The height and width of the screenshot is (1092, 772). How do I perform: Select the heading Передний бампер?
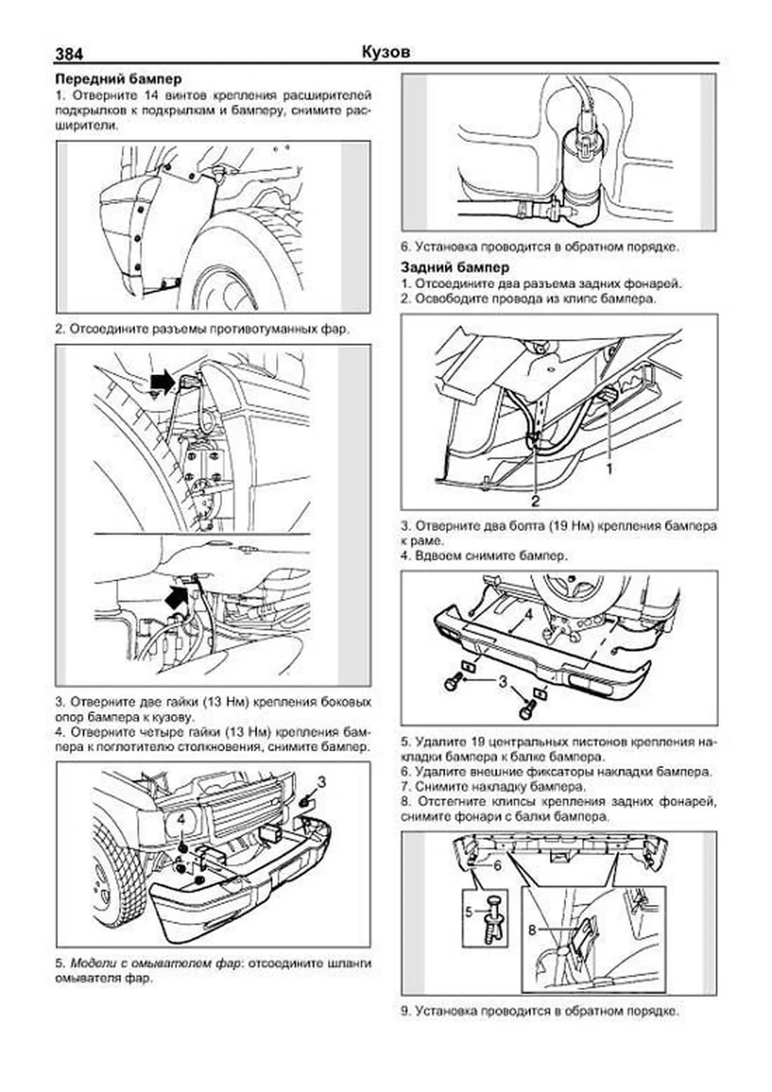tap(118, 79)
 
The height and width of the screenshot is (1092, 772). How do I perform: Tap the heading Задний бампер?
tap(454, 267)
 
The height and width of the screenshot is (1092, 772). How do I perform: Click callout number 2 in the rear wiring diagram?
tap(535, 500)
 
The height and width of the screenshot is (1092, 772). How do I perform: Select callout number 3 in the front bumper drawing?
tap(322, 782)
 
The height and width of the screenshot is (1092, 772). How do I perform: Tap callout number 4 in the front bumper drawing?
tap(181, 819)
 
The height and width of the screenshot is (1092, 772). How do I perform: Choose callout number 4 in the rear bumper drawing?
tap(528, 614)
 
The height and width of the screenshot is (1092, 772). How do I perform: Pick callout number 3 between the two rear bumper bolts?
tap(503, 681)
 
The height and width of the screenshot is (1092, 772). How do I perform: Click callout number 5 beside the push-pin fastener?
tap(468, 911)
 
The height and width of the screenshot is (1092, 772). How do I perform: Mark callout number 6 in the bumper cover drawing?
tap(497, 865)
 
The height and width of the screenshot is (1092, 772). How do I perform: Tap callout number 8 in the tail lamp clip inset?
tap(532, 930)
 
